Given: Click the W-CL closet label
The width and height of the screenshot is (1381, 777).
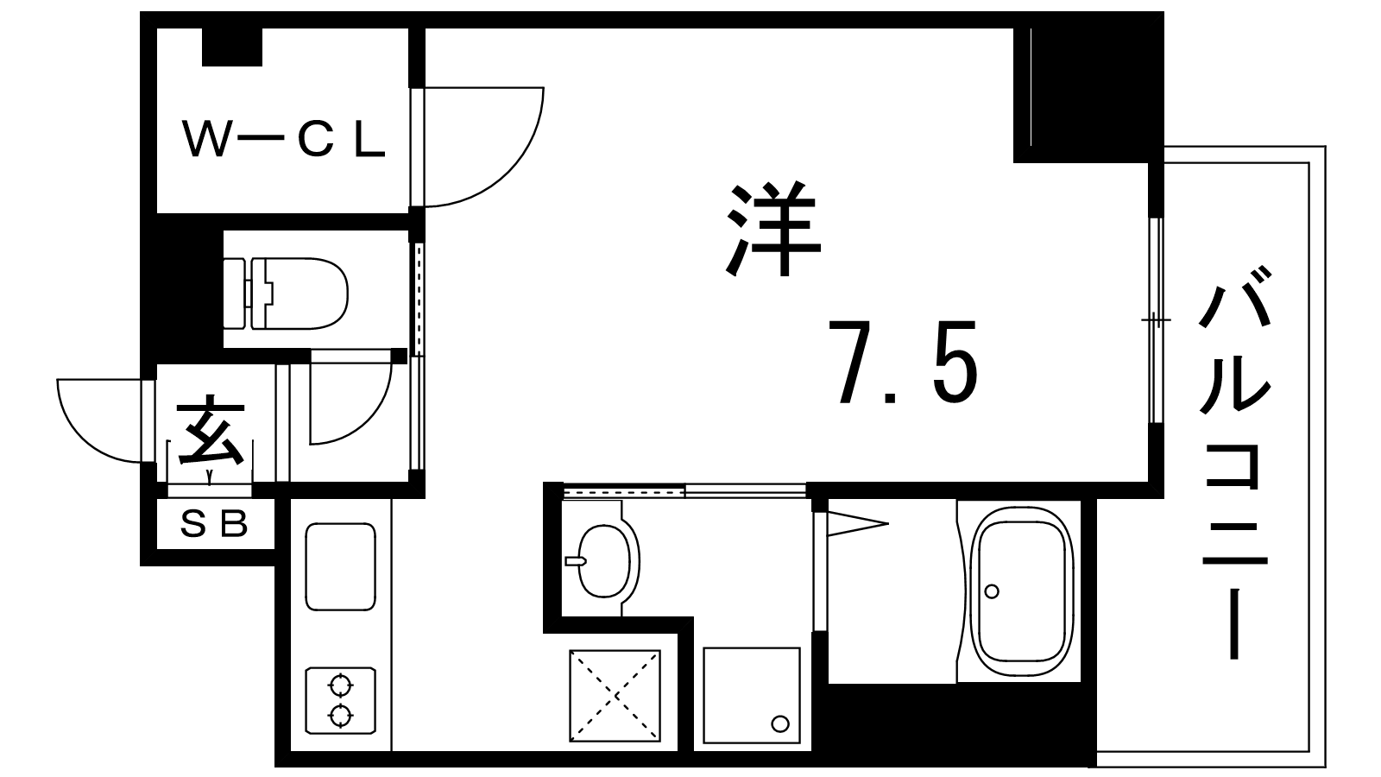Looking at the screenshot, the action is (284, 141).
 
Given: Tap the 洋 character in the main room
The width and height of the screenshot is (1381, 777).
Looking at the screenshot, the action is (773, 229).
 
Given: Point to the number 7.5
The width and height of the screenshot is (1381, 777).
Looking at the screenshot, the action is (903, 363).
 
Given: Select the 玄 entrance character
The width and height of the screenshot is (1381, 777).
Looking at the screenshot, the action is (211, 430).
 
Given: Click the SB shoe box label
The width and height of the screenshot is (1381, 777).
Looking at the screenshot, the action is (213, 524).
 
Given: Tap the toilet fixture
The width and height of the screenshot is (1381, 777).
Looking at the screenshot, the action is (286, 294).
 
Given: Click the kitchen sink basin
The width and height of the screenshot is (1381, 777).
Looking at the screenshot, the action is (340, 566).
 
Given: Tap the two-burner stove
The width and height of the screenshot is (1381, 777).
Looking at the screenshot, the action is (340, 700).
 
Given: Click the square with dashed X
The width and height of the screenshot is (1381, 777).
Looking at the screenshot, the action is (615, 694).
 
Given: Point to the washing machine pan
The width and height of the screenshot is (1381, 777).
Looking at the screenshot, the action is (752, 694).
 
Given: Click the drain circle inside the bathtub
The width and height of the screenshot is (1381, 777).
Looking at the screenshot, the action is (992, 591).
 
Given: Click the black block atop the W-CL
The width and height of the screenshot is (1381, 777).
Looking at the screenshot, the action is (232, 47).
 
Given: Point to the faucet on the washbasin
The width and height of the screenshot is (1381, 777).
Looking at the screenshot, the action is (574, 561).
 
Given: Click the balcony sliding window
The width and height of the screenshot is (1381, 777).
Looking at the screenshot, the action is (1156, 320).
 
